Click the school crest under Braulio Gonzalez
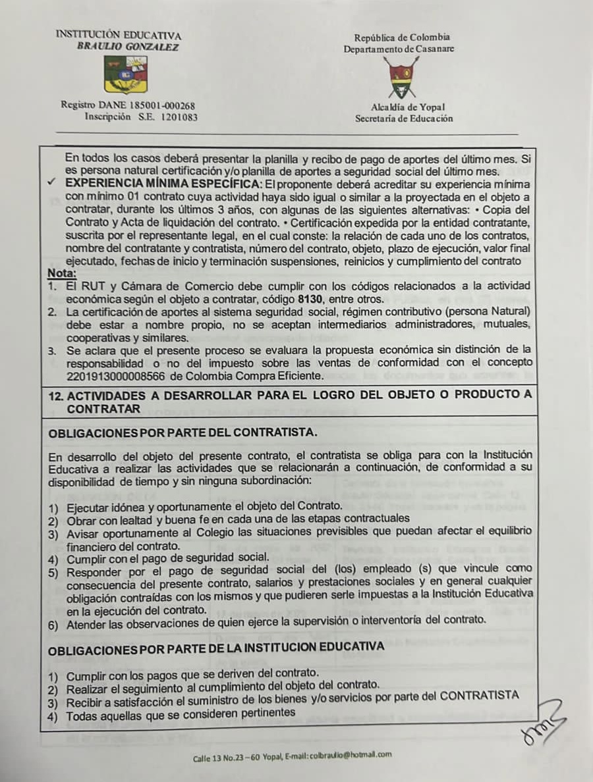pyautogui.click(x=125, y=74)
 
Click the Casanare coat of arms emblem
pyautogui.click(x=399, y=77)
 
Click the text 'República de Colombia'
pyautogui.click(x=402, y=38)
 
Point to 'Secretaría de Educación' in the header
pyautogui.click(x=404, y=119)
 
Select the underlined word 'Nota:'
pyautogui.click(x=63, y=273)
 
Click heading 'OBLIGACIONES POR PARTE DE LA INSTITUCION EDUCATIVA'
pyautogui.click(x=217, y=646)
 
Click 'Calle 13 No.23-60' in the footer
pyautogui.click(x=227, y=758)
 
